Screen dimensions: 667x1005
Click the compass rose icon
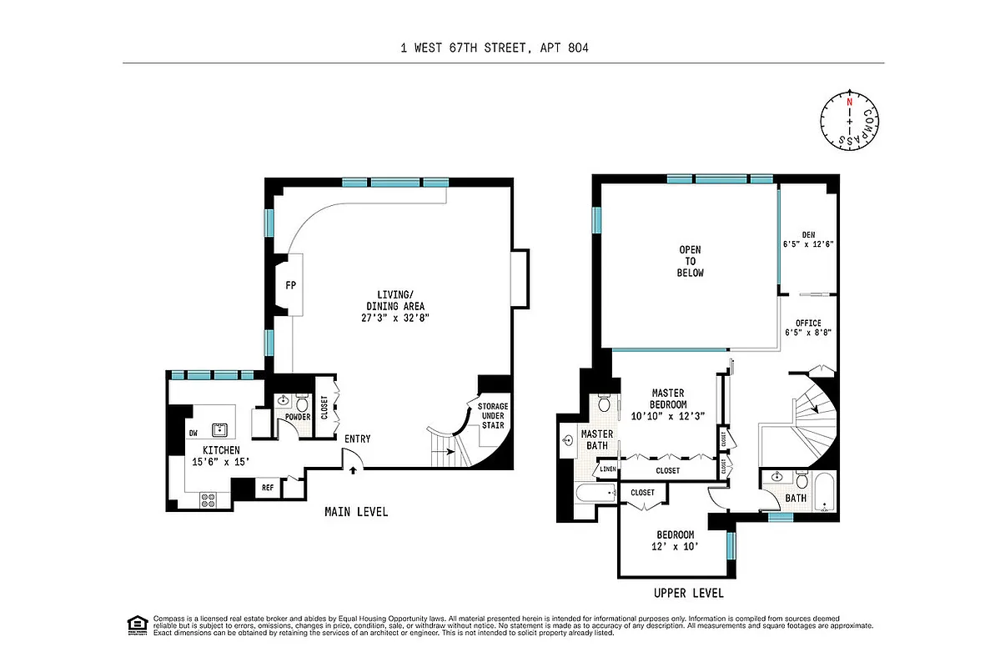click(850, 122)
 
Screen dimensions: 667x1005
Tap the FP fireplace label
click(291, 286)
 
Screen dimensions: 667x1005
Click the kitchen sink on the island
click(221, 430)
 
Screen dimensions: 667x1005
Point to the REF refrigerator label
click(268, 488)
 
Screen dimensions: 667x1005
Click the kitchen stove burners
click(209, 499)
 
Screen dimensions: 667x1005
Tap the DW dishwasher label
click(193, 433)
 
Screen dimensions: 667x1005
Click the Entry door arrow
click(354, 470)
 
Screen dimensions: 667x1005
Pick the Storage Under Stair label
click(492, 415)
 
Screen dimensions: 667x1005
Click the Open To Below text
click(691, 261)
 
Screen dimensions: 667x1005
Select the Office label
click(808, 323)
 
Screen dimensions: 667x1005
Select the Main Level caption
click(356, 512)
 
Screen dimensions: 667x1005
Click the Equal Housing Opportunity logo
click(134, 624)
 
